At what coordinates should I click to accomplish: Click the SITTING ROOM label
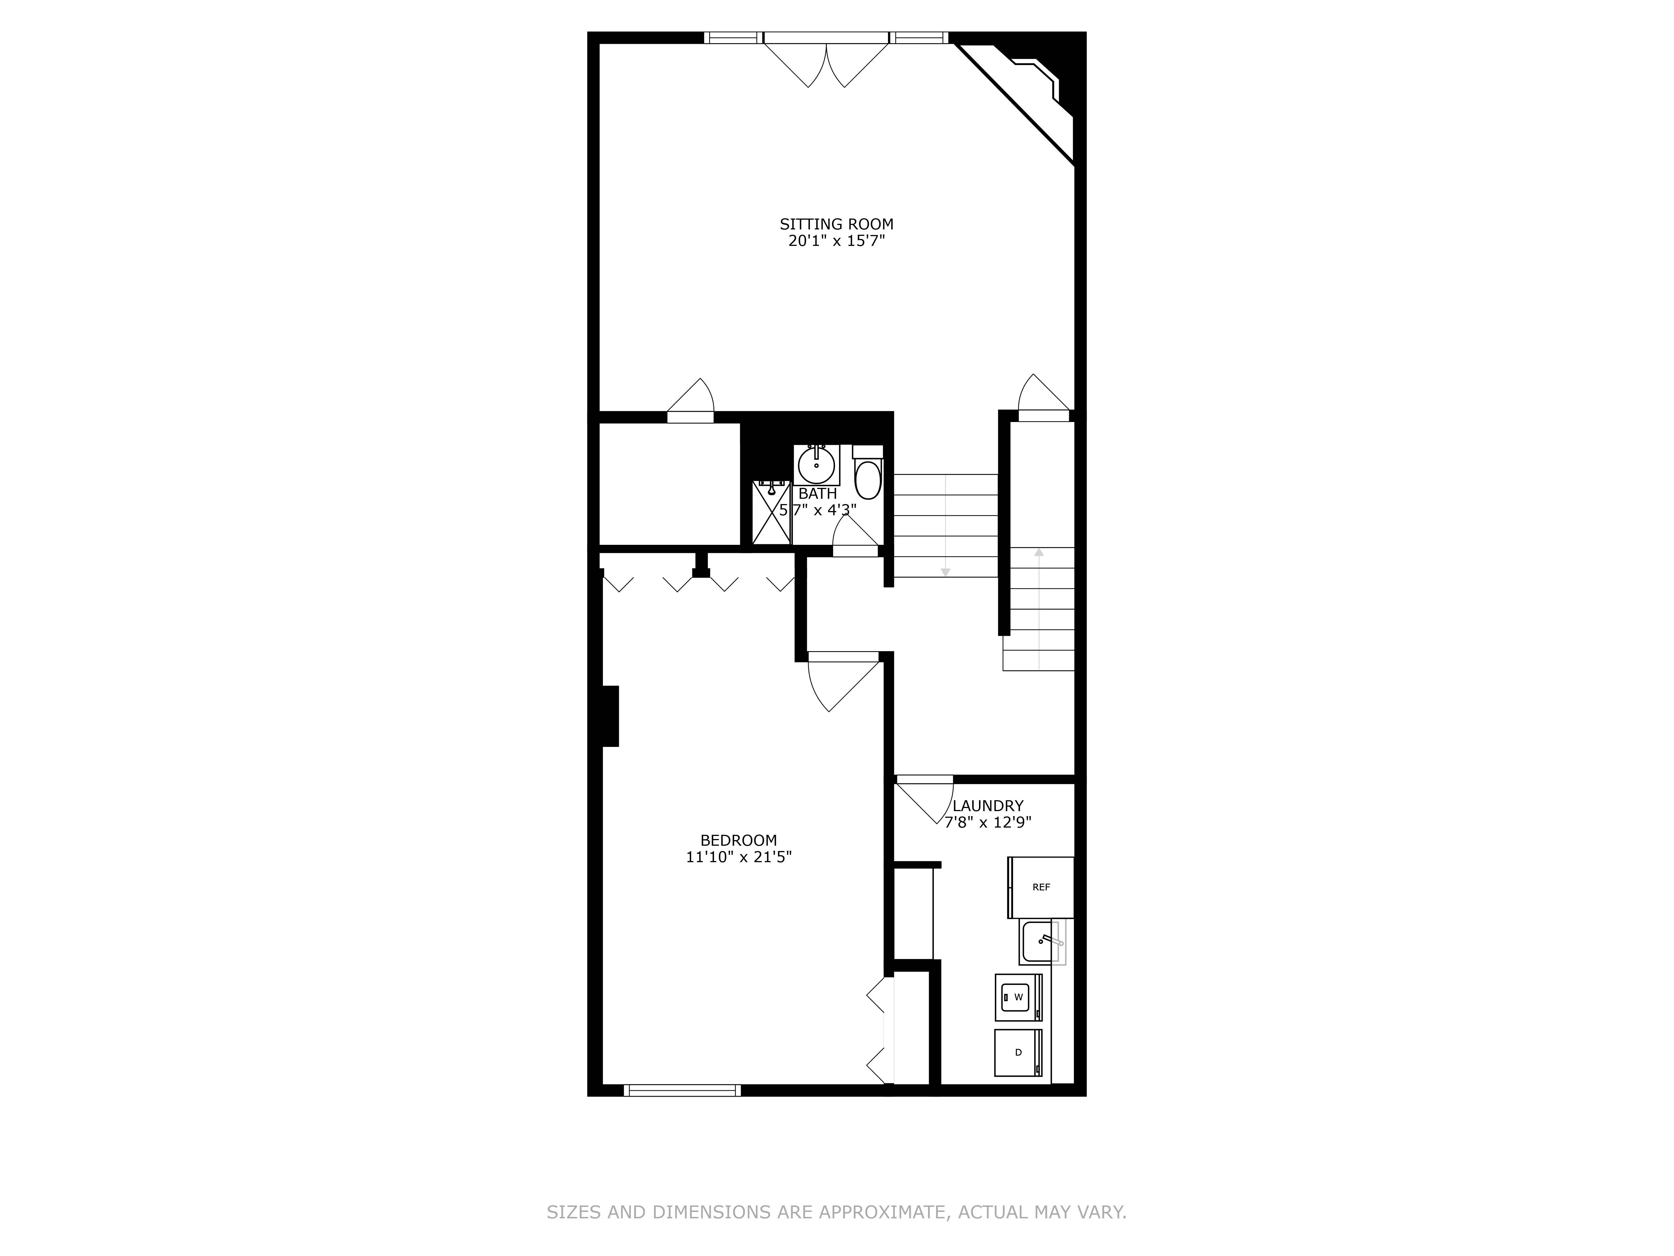[x=836, y=224]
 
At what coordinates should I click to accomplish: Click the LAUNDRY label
[x=988, y=806]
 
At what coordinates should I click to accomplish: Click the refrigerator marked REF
[x=1041, y=887]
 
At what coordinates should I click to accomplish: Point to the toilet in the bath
[x=868, y=477]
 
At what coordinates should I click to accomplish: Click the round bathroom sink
[x=817, y=465]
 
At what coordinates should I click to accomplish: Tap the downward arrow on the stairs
[x=945, y=572]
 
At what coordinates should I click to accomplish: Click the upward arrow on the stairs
[x=1039, y=553]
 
